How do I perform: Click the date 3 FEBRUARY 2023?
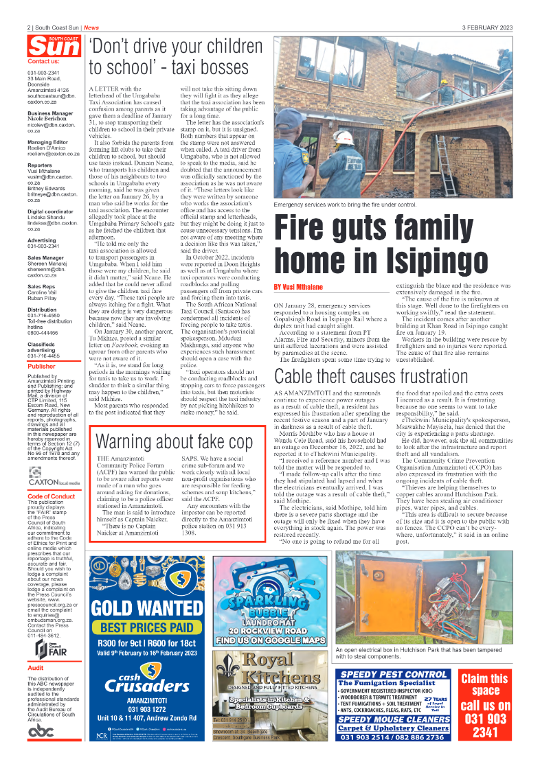click(487, 27)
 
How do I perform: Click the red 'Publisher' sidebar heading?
click(42, 367)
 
